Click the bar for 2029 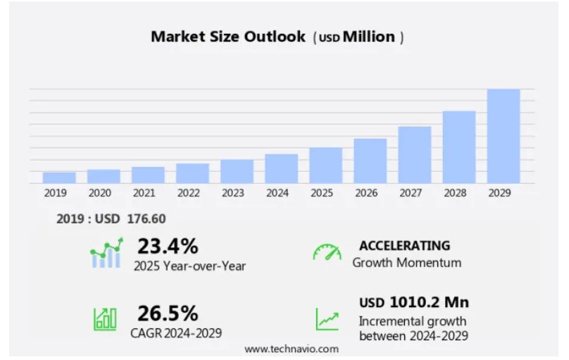pos(503,136)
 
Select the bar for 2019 pos(59,178)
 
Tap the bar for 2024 pos(281,168)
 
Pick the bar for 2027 pos(414,155)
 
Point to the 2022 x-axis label pos(188,192)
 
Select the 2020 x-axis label pos(99,192)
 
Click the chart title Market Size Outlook pos(228,37)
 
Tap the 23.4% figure pos(167,246)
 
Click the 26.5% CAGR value pos(167,313)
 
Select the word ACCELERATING pos(404,246)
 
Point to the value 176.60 pos(146,219)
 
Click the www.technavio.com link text pos(292,349)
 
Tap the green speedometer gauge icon pos(327,252)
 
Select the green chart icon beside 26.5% pos(106,319)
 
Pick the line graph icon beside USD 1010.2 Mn pos(327,319)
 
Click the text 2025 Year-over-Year pos(189,266)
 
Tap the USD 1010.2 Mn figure pos(414,303)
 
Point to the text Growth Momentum pos(407,263)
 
